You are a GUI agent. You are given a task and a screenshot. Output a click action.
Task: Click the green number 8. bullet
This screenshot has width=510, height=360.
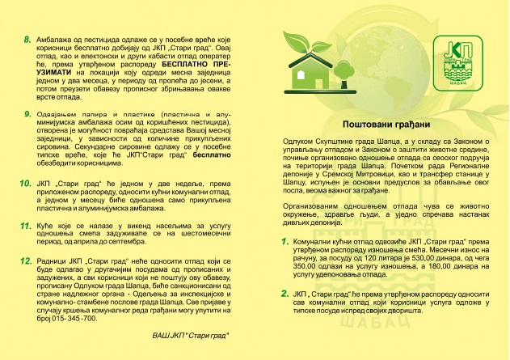pos(27,38)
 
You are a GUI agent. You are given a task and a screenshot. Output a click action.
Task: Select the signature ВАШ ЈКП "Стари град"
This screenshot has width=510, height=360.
pos(190,334)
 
